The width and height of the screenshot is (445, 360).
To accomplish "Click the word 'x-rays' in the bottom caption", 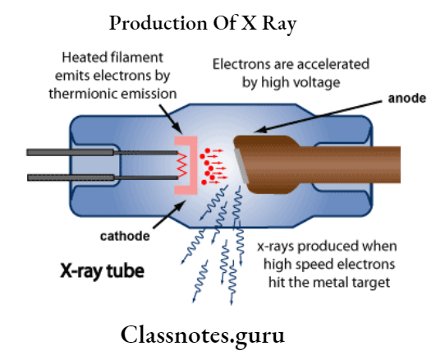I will [274, 247].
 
